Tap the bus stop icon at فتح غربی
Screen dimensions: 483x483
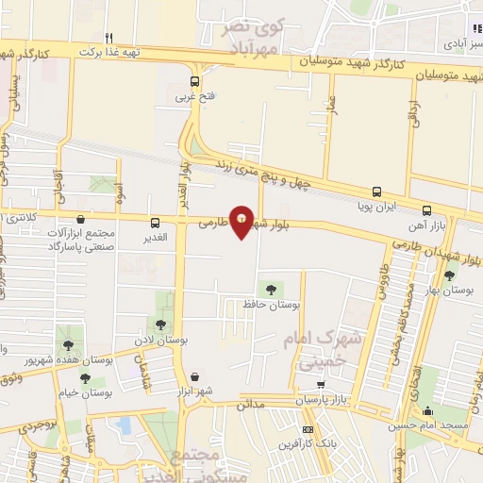tap(195, 82)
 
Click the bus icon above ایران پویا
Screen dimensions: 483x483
tap(377, 191)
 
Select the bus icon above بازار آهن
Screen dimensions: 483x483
tap(427, 211)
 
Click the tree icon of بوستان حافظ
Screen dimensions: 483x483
tap(272, 290)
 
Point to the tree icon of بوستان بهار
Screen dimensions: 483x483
tap(449, 276)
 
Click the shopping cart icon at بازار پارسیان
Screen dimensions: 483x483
tap(321, 384)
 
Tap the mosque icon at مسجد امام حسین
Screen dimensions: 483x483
tap(428, 410)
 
